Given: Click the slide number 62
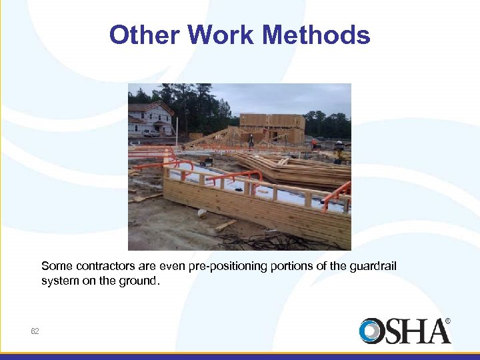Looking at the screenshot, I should [x=35, y=331].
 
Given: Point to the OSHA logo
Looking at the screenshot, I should [x=405, y=331].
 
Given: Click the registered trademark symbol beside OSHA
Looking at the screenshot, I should [x=447, y=321].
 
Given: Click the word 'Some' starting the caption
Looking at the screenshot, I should [x=55, y=267].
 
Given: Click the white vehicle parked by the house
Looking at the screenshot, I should [x=151, y=133].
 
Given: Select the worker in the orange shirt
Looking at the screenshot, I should [x=314, y=143].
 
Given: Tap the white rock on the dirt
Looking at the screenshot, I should [x=202, y=213].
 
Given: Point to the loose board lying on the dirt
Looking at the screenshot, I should [x=225, y=225].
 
